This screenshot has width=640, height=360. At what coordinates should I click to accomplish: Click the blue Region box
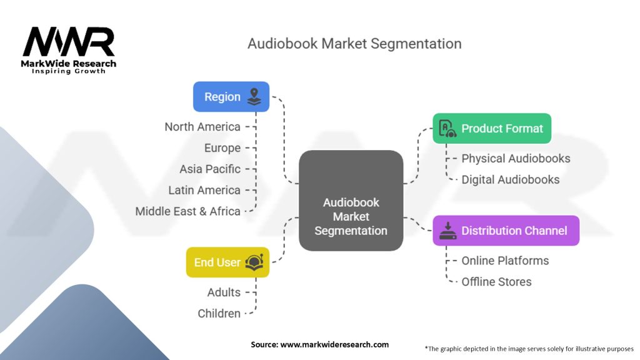click(231, 97)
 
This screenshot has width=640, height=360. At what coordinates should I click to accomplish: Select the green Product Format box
click(492, 128)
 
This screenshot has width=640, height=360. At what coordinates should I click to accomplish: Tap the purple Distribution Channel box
click(506, 231)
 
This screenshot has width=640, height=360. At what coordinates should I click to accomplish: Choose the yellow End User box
click(227, 262)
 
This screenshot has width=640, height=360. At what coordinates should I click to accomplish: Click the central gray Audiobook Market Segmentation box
click(351, 201)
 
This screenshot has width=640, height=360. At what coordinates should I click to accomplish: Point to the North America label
click(202, 127)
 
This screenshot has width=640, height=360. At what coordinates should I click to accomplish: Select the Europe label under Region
click(222, 148)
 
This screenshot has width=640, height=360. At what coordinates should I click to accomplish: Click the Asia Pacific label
click(210, 169)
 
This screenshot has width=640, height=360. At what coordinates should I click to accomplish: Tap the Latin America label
click(204, 190)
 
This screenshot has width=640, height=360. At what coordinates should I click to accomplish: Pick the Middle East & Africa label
click(187, 211)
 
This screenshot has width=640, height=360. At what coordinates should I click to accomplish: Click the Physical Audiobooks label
click(516, 158)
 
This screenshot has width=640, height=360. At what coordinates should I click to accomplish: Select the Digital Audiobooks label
click(511, 179)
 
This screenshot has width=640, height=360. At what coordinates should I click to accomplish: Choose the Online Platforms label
click(505, 261)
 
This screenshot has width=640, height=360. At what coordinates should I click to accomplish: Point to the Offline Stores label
click(496, 282)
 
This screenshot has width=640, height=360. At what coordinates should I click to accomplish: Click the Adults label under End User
click(224, 292)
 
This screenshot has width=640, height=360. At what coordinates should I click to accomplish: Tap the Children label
click(219, 314)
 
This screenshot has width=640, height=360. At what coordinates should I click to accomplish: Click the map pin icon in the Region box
click(254, 97)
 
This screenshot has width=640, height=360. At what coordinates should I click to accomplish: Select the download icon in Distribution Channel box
click(447, 231)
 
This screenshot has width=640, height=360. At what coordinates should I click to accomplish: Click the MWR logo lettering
click(69, 41)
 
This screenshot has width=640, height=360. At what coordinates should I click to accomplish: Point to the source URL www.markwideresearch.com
click(334, 344)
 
